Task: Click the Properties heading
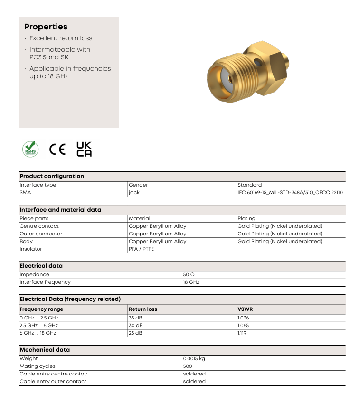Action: pyautogui.click(x=46, y=27)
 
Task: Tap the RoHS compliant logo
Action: pyautogui.click(x=30, y=149)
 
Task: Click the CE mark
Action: pyautogui.click(x=57, y=149)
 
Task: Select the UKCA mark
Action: pyautogui.click(x=84, y=149)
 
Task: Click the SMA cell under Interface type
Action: pyautogui.click(x=25, y=193)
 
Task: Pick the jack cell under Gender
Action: pyautogui.click(x=134, y=193)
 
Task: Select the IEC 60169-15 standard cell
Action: pyautogui.click(x=290, y=193)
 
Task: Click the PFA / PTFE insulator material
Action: pyautogui.click(x=141, y=249)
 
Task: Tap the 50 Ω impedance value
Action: pyautogui.click(x=189, y=274)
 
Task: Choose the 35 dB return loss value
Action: pyautogui.click(x=135, y=318)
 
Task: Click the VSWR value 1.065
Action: pyautogui.click(x=243, y=325)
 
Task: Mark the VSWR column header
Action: pyautogui.click(x=245, y=309)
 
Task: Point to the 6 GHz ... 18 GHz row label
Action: pyautogui.click(x=38, y=333)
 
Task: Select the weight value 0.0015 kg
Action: pyautogui.click(x=194, y=358)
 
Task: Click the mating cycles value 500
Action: pyautogui.click(x=188, y=366)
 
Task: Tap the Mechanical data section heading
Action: pyautogui.click(x=45, y=350)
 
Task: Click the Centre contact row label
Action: pyautogui.click(x=39, y=226)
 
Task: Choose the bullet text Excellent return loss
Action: pyautogui.click(x=61, y=38)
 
